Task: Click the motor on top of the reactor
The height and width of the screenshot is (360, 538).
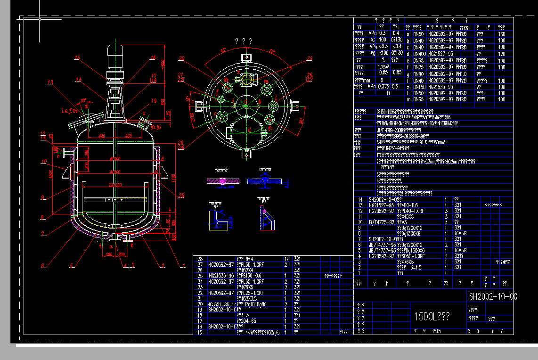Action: click(x=115, y=54)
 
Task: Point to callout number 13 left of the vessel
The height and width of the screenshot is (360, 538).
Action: click(x=50, y=82)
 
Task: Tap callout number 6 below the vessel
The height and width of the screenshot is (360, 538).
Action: click(x=42, y=266)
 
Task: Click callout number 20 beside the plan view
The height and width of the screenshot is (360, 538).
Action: click(x=181, y=58)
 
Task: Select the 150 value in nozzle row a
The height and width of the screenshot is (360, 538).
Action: click(x=501, y=34)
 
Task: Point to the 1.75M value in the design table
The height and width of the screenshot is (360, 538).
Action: click(x=383, y=67)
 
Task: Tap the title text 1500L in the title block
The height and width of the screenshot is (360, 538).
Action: click(x=432, y=316)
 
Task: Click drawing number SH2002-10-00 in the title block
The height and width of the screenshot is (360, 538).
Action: click(x=493, y=296)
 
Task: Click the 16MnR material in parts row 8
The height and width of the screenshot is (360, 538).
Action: click(x=460, y=233)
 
